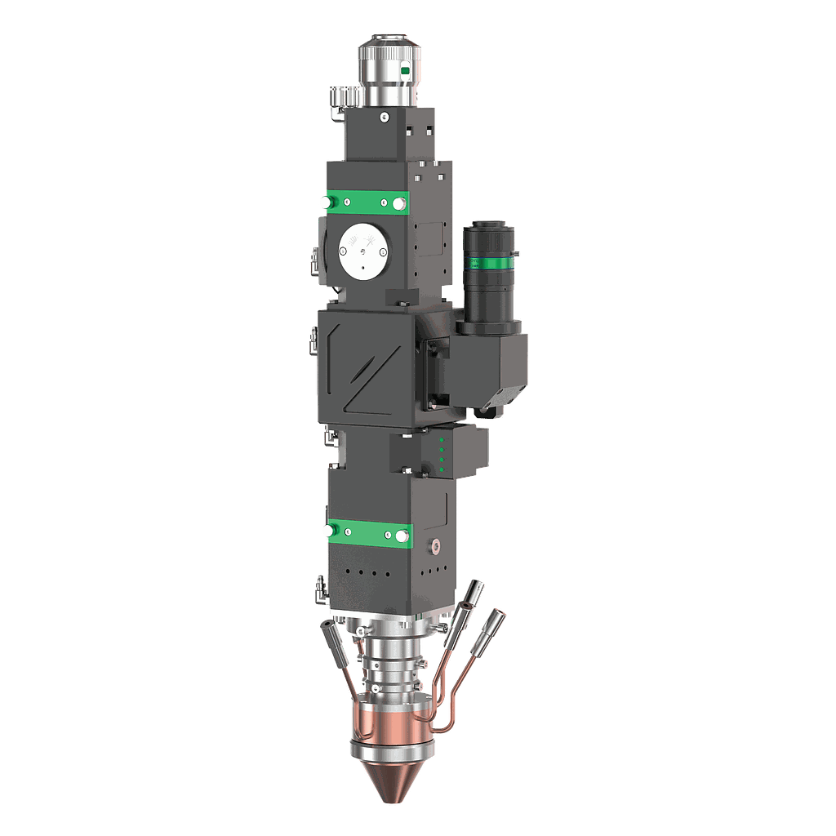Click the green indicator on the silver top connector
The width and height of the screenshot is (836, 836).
406,72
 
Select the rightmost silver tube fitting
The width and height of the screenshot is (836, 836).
495,625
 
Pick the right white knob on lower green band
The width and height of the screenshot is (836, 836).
401,536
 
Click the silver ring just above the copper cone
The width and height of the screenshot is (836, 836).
388,748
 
